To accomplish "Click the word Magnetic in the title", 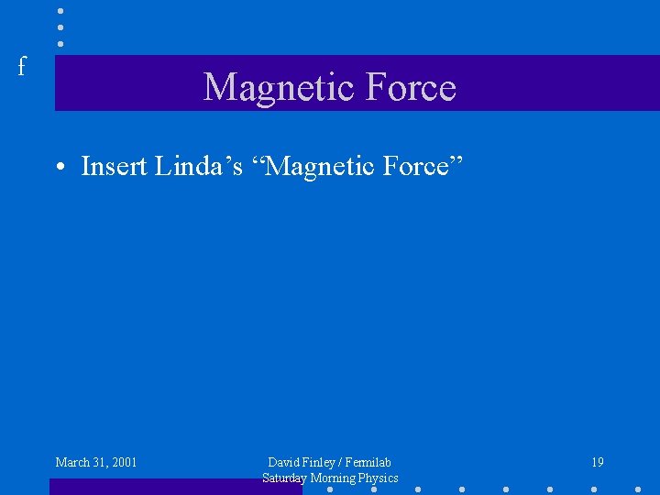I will click(266, 88).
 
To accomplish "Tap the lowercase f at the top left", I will click(22, 66).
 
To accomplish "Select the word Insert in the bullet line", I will click(114, 167).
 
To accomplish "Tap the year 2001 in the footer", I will click(123, 462).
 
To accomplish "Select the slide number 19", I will click(598, 462).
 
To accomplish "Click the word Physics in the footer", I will click(379, 478).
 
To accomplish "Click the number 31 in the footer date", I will click(99, 462).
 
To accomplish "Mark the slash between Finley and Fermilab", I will click(340, 462).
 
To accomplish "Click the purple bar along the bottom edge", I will click(174, 487).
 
